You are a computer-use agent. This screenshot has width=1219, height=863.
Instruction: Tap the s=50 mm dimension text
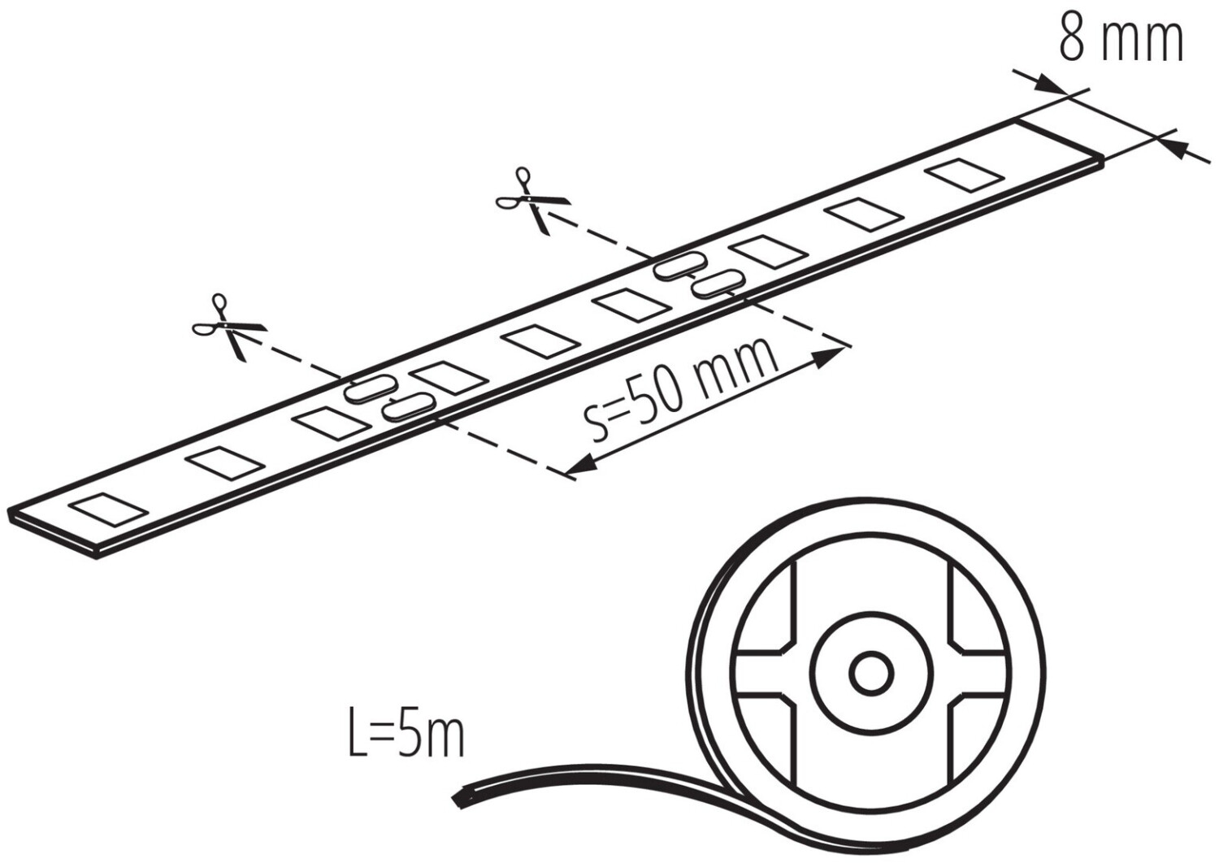click(x=681, y=391)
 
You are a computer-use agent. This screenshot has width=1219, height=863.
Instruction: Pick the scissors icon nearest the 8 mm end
click(x=532, y=200)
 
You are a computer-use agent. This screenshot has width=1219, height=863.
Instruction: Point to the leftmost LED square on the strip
click(x=109, y=509)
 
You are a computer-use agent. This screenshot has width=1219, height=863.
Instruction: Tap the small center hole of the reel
click(x=871, y=671)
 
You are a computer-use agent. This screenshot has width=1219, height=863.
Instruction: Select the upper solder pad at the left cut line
click(x=369, y=388)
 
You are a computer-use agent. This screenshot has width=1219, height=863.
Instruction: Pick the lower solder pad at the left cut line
click(x=407, y=405)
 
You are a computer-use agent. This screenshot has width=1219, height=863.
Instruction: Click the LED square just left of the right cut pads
click(x=634, y=305)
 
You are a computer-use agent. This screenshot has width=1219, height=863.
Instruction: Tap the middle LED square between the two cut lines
click(x=540, y=340)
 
